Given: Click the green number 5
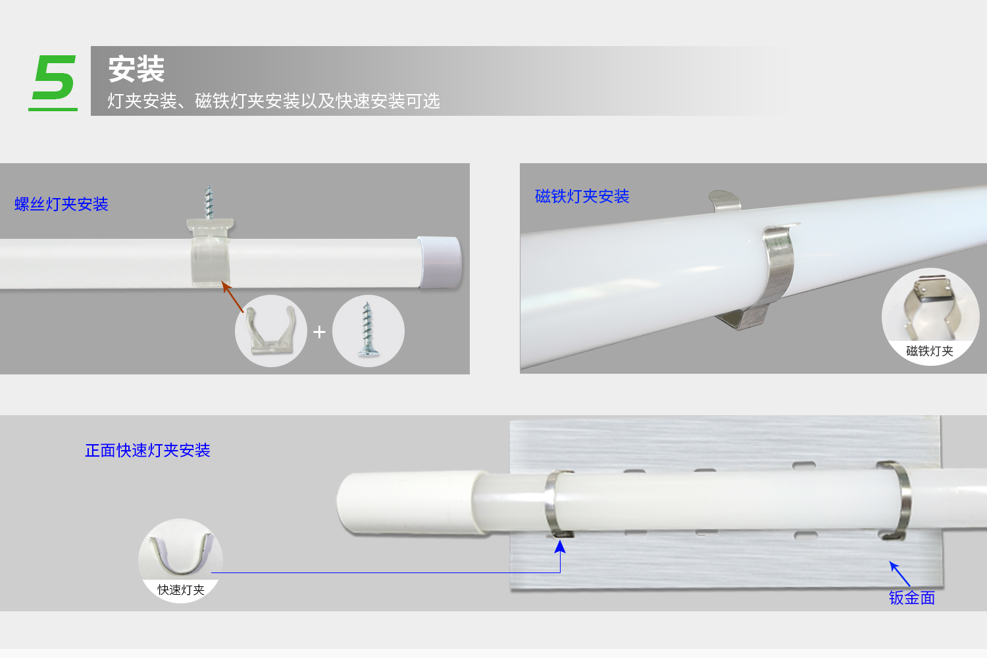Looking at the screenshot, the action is point(55,78).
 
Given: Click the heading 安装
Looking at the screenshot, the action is point(137,69).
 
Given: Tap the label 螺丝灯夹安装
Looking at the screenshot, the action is point(61,204).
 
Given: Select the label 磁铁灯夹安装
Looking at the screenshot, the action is point(582,196).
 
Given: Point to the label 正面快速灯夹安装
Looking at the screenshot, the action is point(147,451).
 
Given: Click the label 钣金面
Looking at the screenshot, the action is point(911,598).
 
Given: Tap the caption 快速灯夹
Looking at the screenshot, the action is point(181,590).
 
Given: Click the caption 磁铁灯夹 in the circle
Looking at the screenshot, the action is point(930,351).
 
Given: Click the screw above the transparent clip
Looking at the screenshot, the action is point(209,202).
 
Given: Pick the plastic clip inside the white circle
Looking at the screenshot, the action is point(270,330).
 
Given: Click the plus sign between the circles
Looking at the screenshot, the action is point(319,332).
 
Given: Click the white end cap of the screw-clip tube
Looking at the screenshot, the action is point(440,263).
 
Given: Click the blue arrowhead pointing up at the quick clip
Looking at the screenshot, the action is point(560,547).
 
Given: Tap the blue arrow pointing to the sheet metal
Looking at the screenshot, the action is point(899,573).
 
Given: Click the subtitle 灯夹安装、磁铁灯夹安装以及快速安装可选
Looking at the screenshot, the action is point(274,101).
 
